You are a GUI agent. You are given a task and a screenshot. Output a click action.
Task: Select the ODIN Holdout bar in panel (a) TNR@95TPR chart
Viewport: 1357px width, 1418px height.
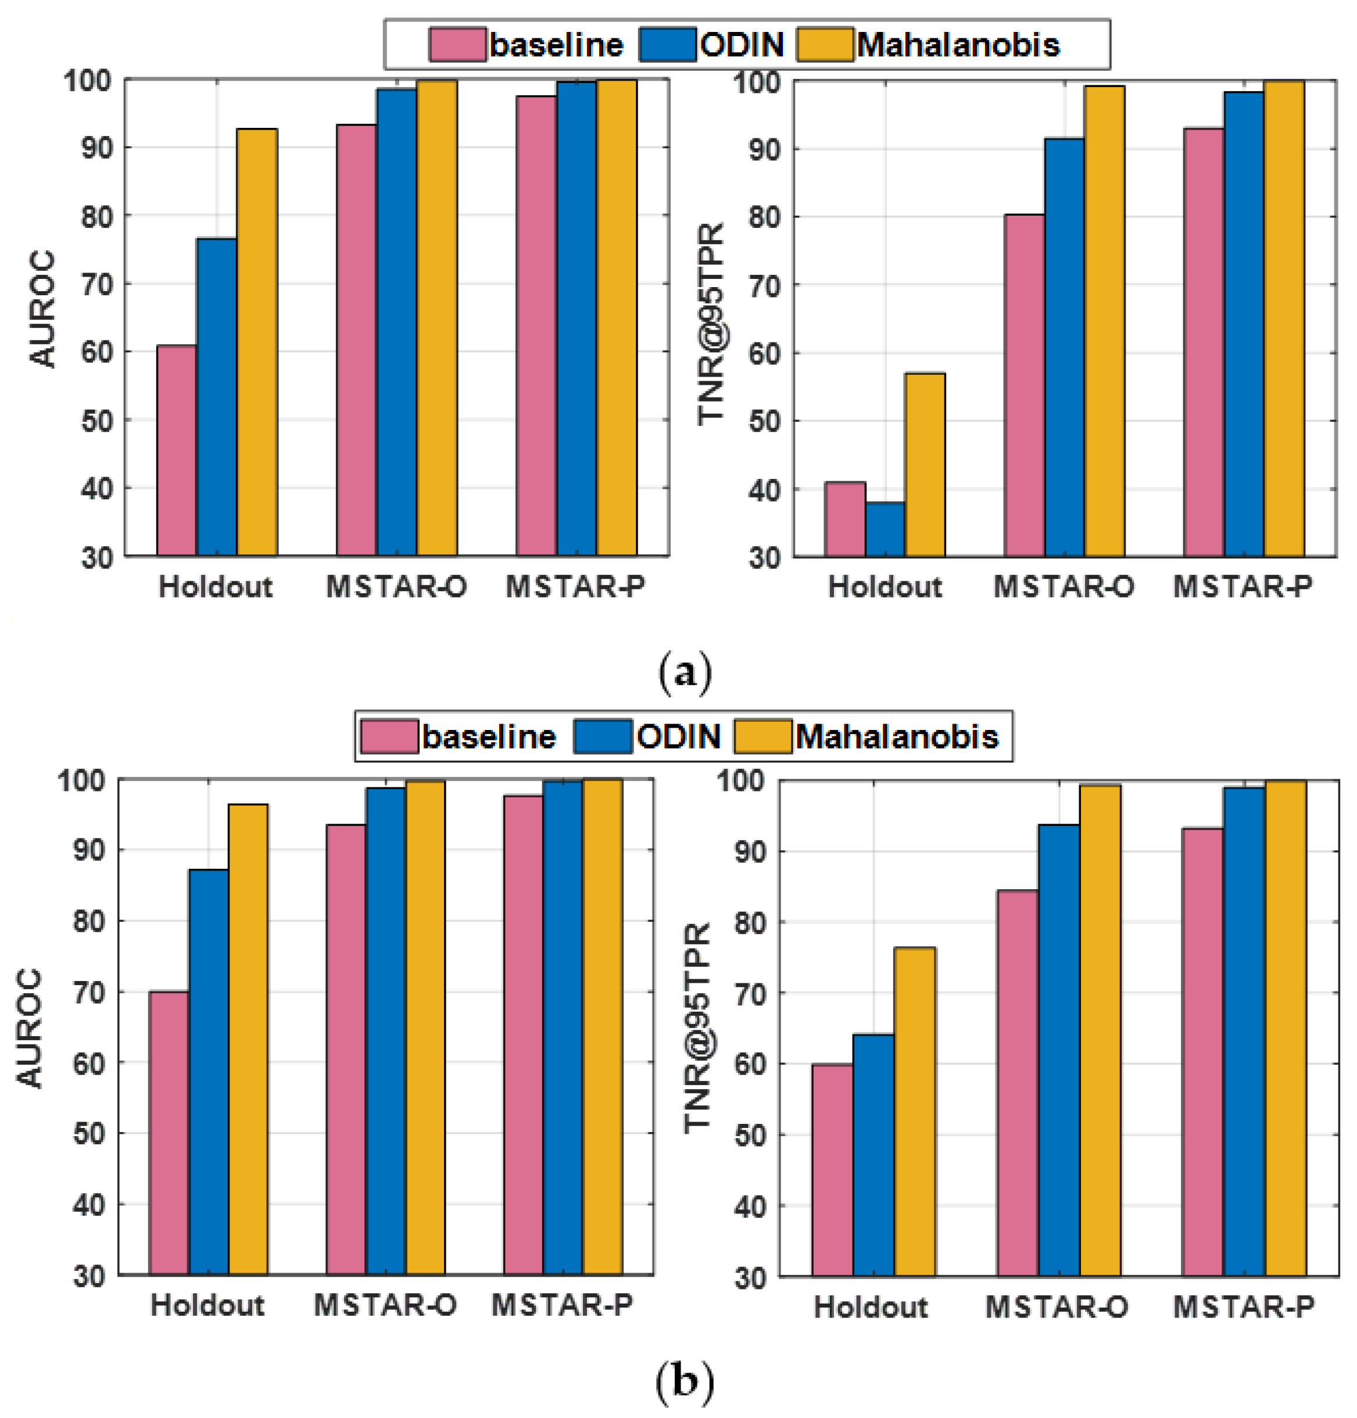[x=885, y=529]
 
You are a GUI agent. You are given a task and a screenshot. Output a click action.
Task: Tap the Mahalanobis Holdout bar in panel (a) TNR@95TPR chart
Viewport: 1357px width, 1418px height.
[x=925, y=465]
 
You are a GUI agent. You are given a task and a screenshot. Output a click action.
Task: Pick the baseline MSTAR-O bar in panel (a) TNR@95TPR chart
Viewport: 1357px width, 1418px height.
[x=1024, y=386]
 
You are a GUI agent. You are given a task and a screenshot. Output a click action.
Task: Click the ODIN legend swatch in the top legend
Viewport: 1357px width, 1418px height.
[x=668, y=45]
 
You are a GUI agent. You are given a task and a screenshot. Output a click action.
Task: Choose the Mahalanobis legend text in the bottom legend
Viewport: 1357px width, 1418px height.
[x=897, y=736]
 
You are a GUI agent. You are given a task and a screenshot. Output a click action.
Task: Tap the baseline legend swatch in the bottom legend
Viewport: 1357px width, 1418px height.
[x=389, y=736]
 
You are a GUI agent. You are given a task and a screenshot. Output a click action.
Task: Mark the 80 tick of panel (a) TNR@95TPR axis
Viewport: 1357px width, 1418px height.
[x=765, y=217]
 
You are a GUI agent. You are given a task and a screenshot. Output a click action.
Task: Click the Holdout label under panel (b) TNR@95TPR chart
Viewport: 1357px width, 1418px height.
[x=870, y=1308]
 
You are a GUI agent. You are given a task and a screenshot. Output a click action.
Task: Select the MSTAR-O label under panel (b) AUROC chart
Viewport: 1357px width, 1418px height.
[x=385, y=1305]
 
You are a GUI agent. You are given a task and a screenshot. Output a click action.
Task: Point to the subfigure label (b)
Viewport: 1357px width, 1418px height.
[x=684, y=1381]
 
